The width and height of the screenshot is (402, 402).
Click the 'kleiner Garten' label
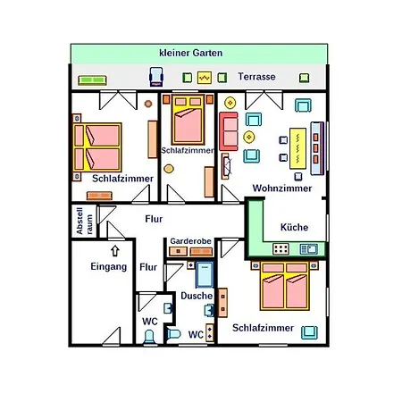click(x=191, y=53)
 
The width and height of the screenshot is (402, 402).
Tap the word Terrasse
click(x=256, y=77)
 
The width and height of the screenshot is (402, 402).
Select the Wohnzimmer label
click(x=282, y=188)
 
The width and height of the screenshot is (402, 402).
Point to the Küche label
click(x=294, y=227)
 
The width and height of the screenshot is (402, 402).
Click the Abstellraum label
click(x=84, y=221)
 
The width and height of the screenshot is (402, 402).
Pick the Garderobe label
click(x=190, y=241)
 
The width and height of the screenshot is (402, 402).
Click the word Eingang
click(x=109, y=266)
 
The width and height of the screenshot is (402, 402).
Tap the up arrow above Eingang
click(x=115, y=251)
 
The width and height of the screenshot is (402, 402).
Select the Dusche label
click(x=197, y=296)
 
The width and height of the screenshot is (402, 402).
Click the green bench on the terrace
click(x=92, y=80)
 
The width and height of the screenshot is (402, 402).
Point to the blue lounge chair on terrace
click(x=156, y=77)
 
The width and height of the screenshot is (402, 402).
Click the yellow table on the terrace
click(x=205, y=78)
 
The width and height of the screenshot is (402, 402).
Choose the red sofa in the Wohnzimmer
click(x=229, y=131)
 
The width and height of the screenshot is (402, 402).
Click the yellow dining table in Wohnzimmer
click(x=297, y=148)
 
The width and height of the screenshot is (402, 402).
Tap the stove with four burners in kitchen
click(x=281, y=249)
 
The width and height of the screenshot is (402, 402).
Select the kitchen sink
click(x=309, y=249)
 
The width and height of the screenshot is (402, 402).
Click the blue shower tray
click(x=205, y=274)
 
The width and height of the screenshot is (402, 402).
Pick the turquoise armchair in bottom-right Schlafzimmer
click(x=309, y=332)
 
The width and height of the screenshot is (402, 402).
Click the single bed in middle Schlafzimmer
click(x=188, y=120)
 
